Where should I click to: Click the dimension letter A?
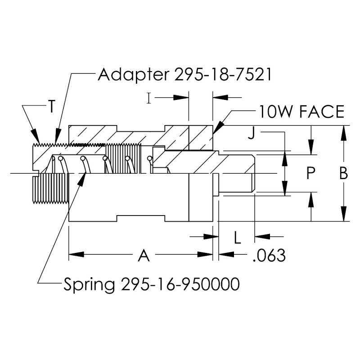coord(143,256)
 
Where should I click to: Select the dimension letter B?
coord(343,174)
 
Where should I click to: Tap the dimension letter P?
coord(309,174)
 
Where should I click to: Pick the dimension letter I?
coord(148,97)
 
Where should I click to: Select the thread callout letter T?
coord(52,107)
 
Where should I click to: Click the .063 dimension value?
coord(269,256)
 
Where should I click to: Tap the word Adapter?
coord(130,74)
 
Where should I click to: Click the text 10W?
coord(275,111)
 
